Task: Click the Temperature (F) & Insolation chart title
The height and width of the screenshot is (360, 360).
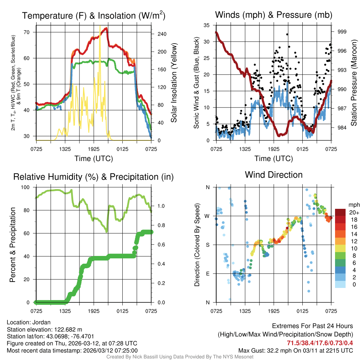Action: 94,15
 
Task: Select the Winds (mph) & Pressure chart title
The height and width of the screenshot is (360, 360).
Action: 274,15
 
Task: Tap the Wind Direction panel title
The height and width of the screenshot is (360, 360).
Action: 274,175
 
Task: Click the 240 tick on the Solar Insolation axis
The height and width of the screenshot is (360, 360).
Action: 162,34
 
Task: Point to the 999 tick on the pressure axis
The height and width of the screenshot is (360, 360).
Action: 342,32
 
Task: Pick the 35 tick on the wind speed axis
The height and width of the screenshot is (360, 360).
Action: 206,25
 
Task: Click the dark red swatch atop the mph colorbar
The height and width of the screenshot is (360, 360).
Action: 340,212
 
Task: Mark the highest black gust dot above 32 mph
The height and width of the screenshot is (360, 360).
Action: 287,34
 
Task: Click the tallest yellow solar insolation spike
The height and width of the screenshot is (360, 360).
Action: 100,26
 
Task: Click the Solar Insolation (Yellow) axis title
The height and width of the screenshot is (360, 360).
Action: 174,83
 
